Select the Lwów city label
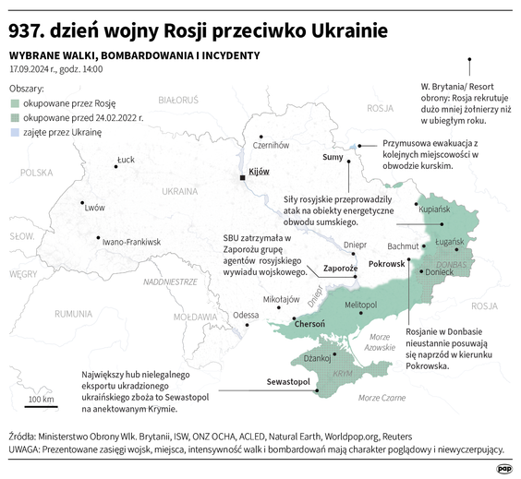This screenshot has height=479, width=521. pyautogui.click(x=94, y=208)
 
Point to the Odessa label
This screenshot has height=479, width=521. pyautogui.click(x=247, y=315)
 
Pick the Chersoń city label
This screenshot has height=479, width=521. pyautogui.click(x=309, y=324)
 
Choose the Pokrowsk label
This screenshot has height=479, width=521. pyautogui.click(x=386, y=264)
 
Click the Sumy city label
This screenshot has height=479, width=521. pyautogui.click(x=333, y=157)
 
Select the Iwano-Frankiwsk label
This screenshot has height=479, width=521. pyautogui.click(x=132, y=242)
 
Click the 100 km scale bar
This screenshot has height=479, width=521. pyautogui.click(x=42, y=407)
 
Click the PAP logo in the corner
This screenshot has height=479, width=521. pyautogui.click(x=502, y=468)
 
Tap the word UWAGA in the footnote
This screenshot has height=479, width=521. pyautogui.click(x=28, y=449)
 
